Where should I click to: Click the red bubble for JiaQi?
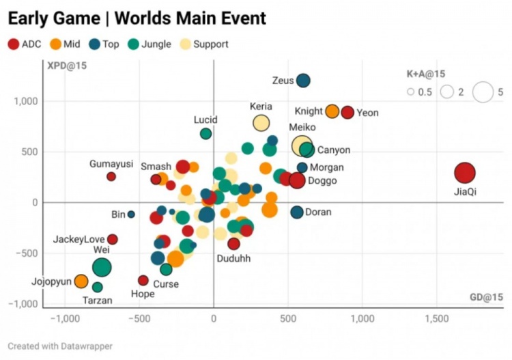(x=465, y=173)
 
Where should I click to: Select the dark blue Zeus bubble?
(x=303, y=81)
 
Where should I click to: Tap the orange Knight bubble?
(x=332, y=112)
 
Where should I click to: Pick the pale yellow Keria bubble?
(x=261, y=123)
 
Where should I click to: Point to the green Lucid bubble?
(x=205, y=134)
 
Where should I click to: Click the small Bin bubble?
(x=131, y=214)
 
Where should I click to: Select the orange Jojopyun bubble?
(x=81, y=281)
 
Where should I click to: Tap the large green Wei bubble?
(x=102, y=268)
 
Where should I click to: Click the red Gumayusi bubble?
(x=111, y=176)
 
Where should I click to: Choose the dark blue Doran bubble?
(x=297, y=212)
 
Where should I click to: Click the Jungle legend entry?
(x=150, y=44)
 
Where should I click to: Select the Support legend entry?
(x=204, y=44)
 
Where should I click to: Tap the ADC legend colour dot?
(x=14, y=44)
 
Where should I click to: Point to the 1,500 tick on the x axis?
(x=436, y=318)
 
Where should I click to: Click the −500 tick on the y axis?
(x=28, y=253)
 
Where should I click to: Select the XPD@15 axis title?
(x=67, y=66)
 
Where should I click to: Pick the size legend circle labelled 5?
(x=483, y=92)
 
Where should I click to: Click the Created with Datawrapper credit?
(x=60, y=346)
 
